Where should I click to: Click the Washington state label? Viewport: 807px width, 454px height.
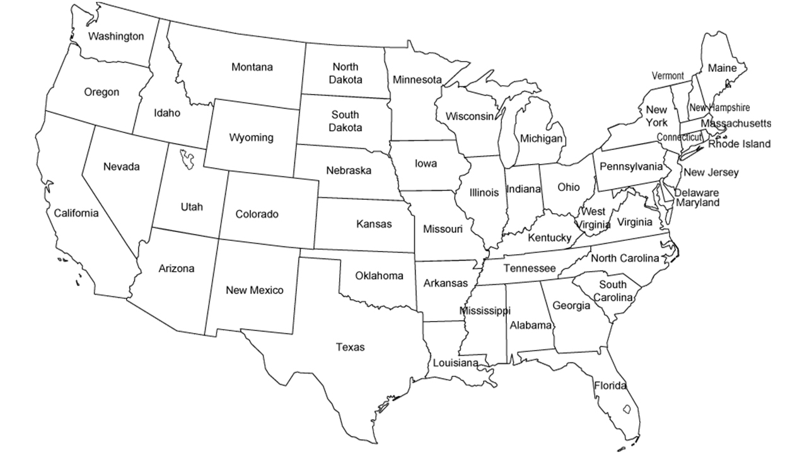pyautogui.click(x=115, y=36)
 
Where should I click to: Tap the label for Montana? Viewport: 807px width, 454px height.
pyautogui.click(x=252, y=67)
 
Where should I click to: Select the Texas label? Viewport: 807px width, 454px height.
pyautogui.click(x=350, y=347)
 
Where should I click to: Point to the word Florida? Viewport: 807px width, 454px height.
pyautogui.click(x=610, y=385)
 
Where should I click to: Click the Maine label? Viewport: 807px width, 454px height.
pyautogui.click(x=722, y=67)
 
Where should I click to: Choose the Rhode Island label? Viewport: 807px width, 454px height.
pyautogui.click(x=739, y=144)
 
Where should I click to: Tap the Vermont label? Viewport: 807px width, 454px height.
pyautogui.click(x=668, y=76)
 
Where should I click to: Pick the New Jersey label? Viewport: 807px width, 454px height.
pyautogui.click(x=711, y=172)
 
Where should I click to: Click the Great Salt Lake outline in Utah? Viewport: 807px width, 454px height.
pyautogui.click(x=187, y=158)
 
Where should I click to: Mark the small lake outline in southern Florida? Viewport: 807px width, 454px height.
pyautogui.click(x=627, y=409)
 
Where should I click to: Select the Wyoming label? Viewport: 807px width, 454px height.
pyautogui.click(x=251, y=137)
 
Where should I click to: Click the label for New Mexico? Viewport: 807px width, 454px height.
pyautogui.click(x=255, y=290)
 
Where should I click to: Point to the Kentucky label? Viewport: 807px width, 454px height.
pyautogui.click(x=549, y=238)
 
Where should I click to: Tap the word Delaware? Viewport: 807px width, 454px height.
pyautogui.click(x=697, y=192)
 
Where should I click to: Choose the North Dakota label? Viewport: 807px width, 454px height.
pyautogui.click(x=345, y=73)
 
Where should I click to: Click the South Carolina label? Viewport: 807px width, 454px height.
pyautogui.click(x=613, y=291)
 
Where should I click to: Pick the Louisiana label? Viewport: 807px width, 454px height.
pyautogui.click(x=455, y=363)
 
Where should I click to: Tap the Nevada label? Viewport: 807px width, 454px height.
pyautogui.click(x=122, y=167)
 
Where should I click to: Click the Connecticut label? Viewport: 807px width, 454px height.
pyautogui.click(x=679, y=137)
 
